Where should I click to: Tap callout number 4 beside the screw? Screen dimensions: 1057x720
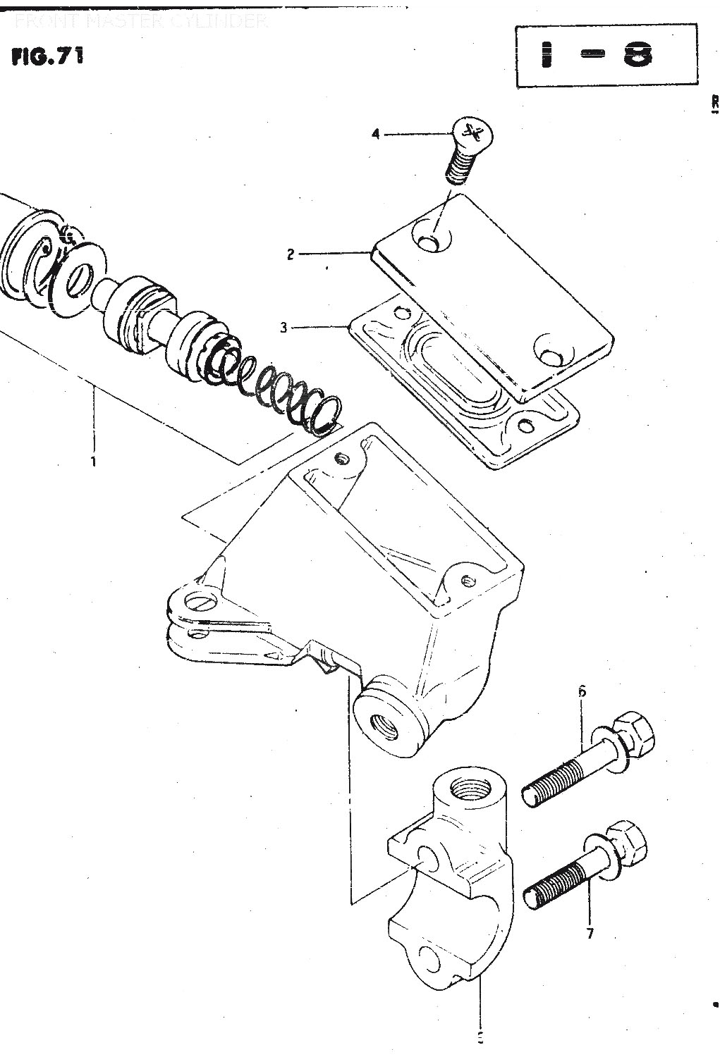coord(376,133)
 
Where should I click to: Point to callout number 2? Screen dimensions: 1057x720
coord(291,254)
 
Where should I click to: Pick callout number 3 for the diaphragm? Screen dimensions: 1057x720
coord(283,328)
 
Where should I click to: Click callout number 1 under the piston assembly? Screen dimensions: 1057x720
coord(92,462)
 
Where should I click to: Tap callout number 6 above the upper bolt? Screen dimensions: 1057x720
coord(582,691)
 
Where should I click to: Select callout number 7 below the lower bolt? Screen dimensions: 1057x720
coord(590,934)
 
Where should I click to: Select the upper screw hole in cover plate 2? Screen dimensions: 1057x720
coord(430,242)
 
